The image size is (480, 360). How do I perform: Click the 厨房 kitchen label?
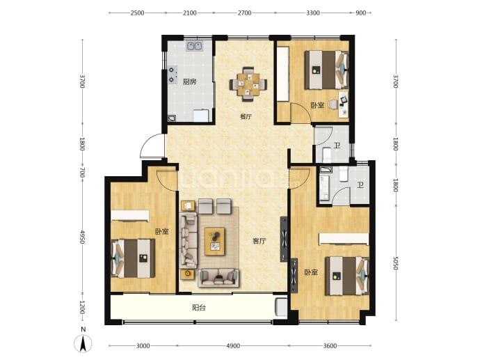point(189,81)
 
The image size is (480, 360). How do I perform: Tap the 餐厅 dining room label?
point(246,116)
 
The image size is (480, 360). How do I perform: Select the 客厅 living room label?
point(259,241)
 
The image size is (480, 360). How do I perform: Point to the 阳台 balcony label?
point(199,307)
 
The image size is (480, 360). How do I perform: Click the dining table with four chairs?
point(248,84)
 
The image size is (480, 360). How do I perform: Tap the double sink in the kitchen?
point(194,46)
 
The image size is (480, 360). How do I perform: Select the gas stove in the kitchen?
point(173,75)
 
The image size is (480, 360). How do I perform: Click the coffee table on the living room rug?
point(214,242)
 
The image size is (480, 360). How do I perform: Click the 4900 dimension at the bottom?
point(233,346)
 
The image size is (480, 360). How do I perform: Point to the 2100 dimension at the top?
point(189,13)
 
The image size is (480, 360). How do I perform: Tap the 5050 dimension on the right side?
point(395,263)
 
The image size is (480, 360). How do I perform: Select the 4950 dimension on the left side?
point(82,237)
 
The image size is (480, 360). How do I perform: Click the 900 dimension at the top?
point(361,13)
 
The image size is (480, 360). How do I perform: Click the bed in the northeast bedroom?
point(326,70)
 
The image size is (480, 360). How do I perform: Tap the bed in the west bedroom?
point(133,258)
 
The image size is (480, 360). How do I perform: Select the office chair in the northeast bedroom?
point(333,104)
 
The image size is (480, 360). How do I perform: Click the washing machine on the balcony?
point(281,307)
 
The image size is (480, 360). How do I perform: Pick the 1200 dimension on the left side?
point(82,307)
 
